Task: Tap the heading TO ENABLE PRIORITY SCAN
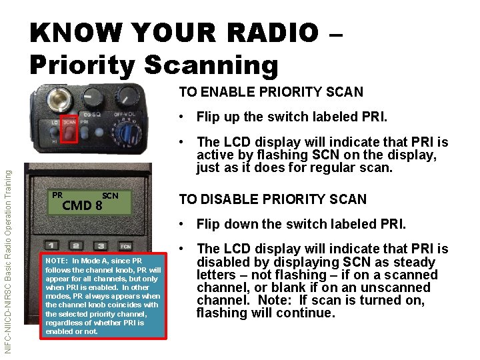coord(271,92)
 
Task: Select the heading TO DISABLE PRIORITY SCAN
coord(272,199)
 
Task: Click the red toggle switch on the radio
coord(68,133)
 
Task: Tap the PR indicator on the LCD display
coord(57,195)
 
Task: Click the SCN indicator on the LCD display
coord(110,195)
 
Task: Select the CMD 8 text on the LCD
coord(81,205)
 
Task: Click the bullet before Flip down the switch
coord(181,224)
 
